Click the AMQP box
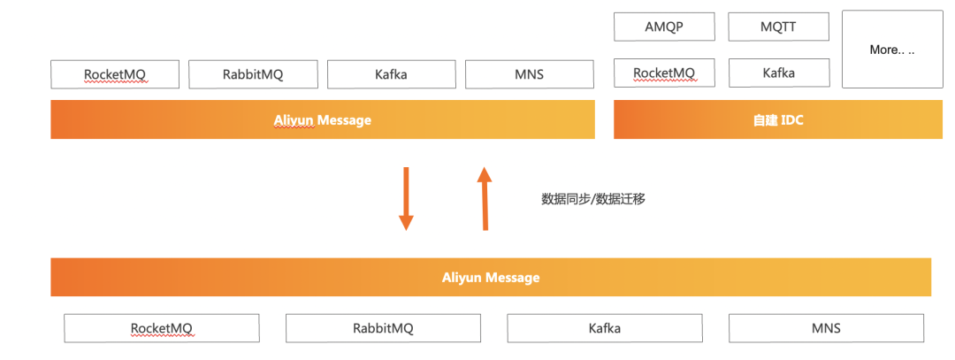pyautogui.click(x=664, y=27)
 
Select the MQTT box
pyautogui.click(x=778, y=27)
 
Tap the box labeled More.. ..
pyautogui.click(x=891, y=50)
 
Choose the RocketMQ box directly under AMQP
pyautogui.click(x=664, y=73)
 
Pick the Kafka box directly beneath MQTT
pyautogui.click(x=778, y=73)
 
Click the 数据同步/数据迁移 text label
pyautogui.click(x=593, y=199)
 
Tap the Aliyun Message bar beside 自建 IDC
pyautogui.click(x=323, y=120)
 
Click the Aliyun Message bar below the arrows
pyautogui.click(x=491, y=278)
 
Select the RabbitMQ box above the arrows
pyautogui.click(x=253, y=74)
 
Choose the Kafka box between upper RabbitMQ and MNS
pyautogui.click(x=391, y=74)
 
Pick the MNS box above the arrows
pyautogui.click(x=529, y=74)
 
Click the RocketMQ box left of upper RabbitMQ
pyautogui.click(x=115, y=74)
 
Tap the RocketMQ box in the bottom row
pyautogui.click(x=162, y=328)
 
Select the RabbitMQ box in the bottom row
pyautogui.click(x=383, y=328)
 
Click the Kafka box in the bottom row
pyautogui.click(x=605, y=328)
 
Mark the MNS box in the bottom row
pyautogui.click(x=826, y=328)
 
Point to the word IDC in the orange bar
pyautogui.click(x=791, y=120)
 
